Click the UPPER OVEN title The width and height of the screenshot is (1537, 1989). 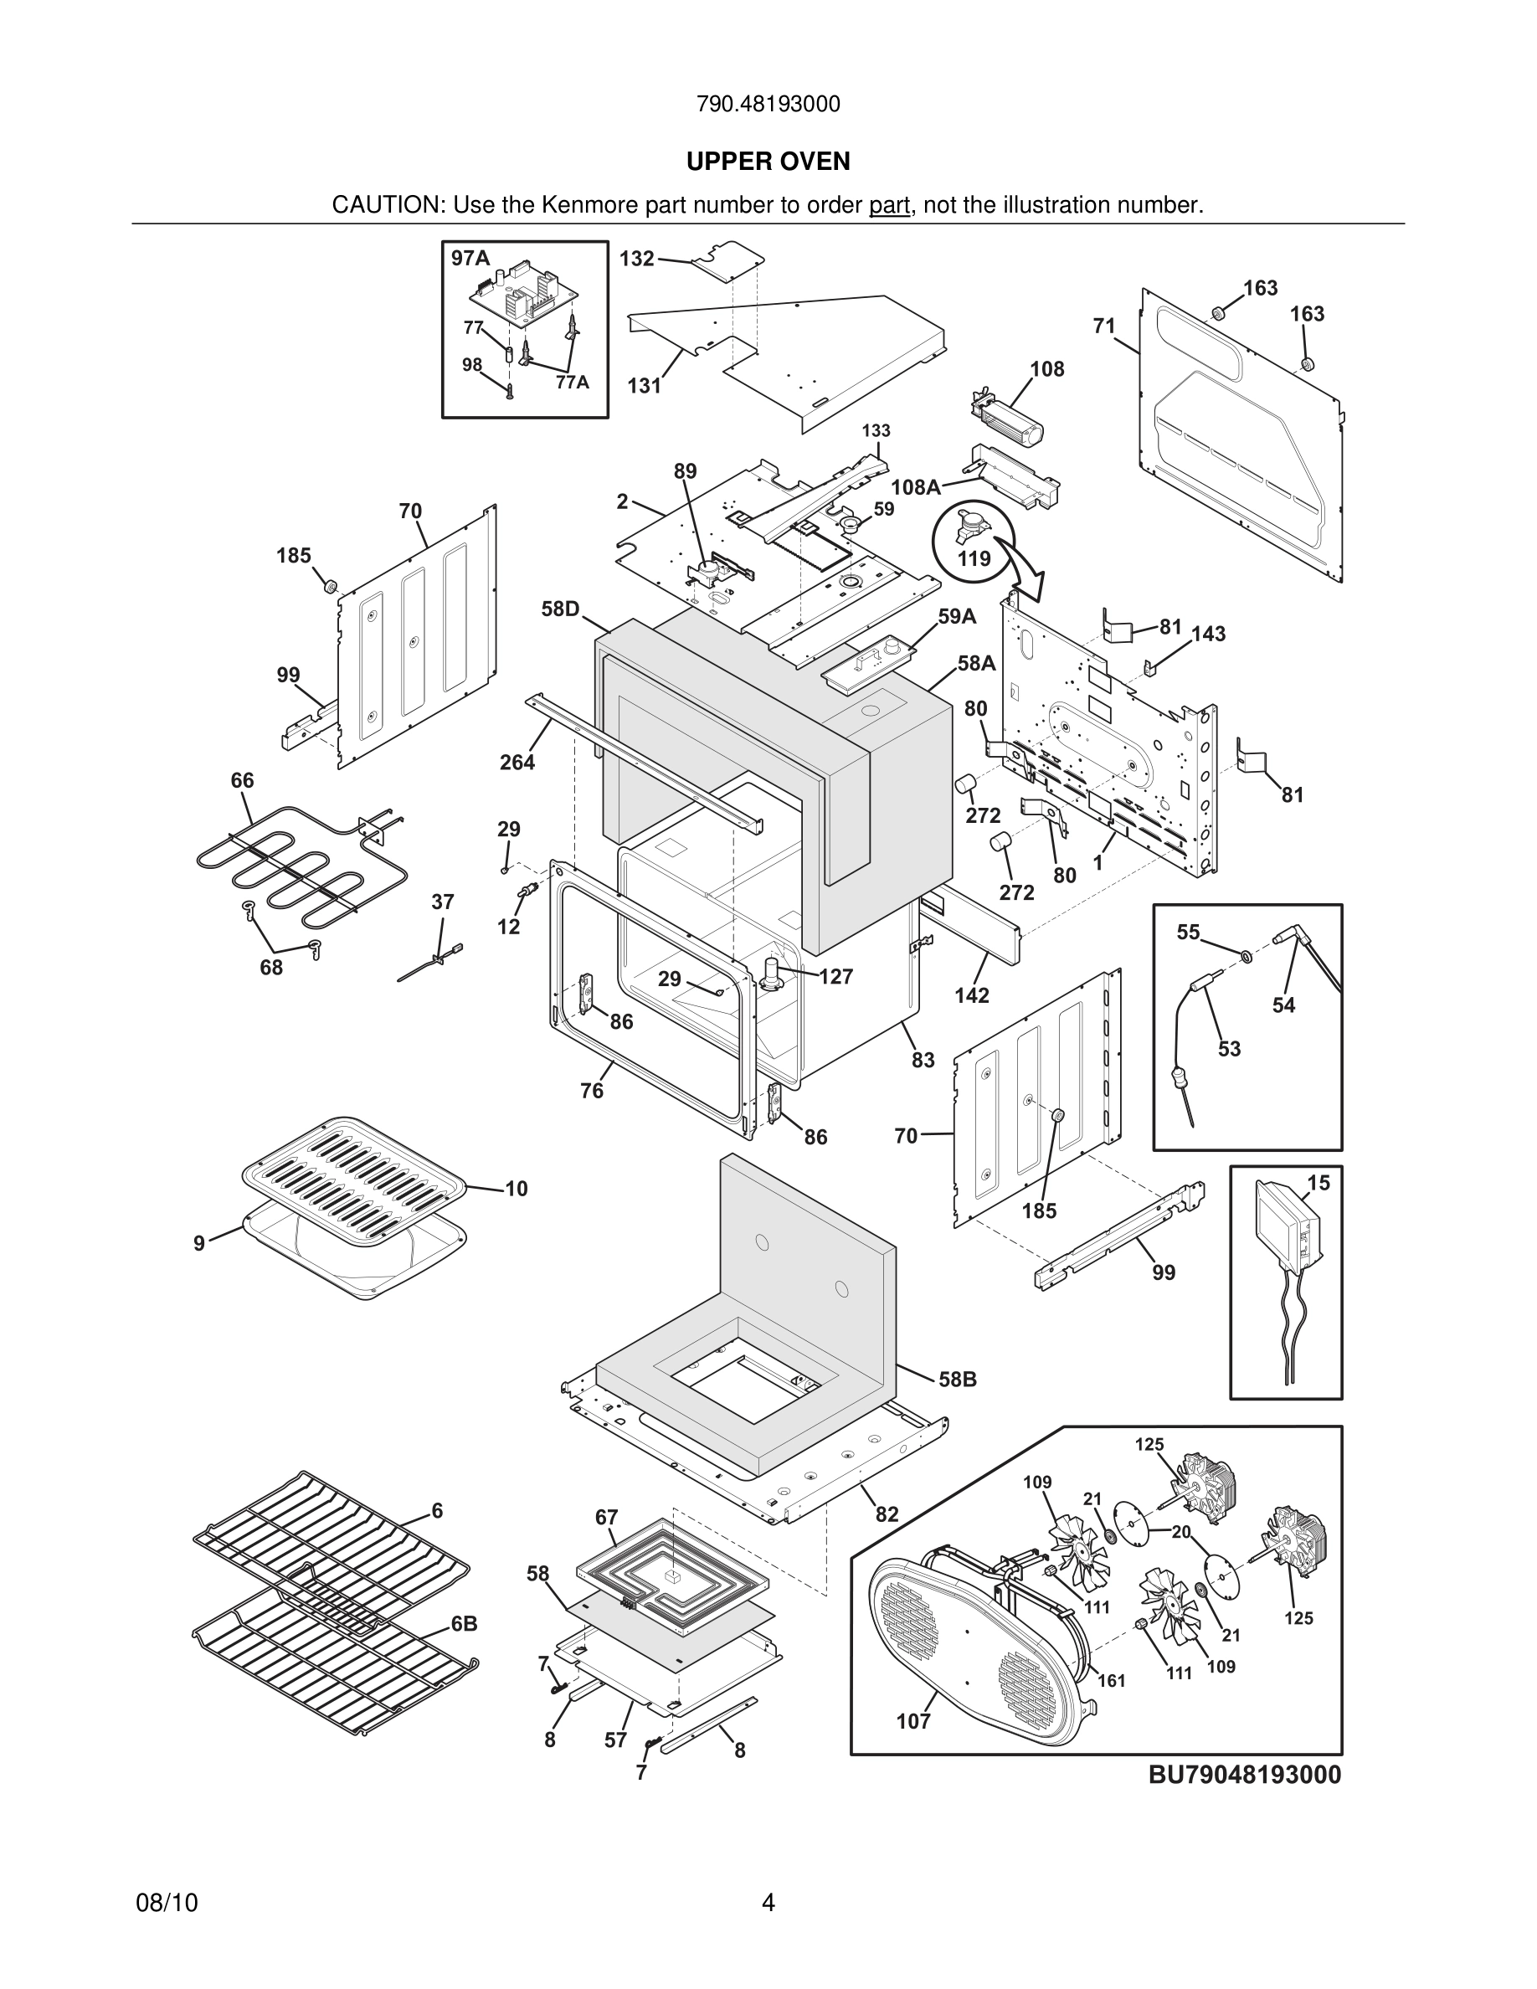(x=768, y=162)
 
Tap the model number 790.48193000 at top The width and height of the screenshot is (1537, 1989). (x=768, y=105)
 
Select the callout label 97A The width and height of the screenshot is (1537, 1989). (x=470, y=259)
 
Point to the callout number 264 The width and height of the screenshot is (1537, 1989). (x=517, y=763)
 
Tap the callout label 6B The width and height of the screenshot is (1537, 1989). (x=464, y=1624)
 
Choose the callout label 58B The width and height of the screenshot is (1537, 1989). (x=957, y=1380)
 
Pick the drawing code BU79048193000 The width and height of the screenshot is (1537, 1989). (x=1244, y=1775)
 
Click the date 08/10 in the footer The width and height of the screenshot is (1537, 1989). (x=167, y=1903)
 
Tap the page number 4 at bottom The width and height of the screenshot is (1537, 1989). (x=768, y=1903)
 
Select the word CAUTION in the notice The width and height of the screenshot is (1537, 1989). (x=386, y=205)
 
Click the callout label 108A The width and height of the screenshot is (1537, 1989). (x=915, y=487)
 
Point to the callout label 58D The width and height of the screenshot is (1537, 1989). (x=560, y=609)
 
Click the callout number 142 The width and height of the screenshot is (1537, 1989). (x=972, y=995)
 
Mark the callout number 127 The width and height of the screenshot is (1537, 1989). (x=835, y=977)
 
